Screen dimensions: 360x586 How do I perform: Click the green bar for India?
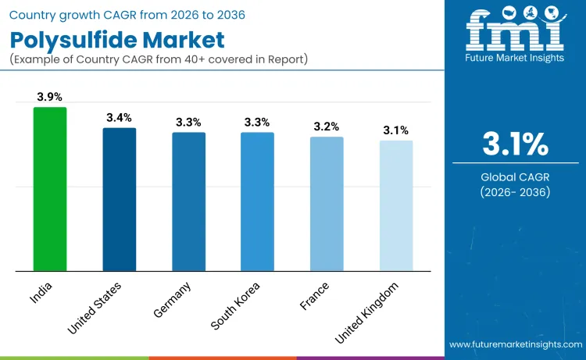(50, 189)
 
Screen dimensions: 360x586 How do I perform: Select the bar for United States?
(119, 199)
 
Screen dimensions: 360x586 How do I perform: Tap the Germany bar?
(188, 201)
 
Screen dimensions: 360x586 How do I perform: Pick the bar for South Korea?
(257, 201)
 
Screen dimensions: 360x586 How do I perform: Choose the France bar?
(326, 204)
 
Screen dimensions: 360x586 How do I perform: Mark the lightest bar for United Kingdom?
(395, 206)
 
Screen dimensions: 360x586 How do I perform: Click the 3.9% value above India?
(50, 97)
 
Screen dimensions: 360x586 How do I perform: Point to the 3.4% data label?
(119, 117)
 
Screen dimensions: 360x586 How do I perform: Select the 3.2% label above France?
(326, 127)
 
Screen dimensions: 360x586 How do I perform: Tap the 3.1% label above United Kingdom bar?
(395, 130)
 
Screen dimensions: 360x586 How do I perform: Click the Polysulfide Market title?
(117, 39)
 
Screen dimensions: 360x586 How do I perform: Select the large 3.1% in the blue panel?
(514, 145)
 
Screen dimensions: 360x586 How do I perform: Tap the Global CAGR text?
(514, 177)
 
